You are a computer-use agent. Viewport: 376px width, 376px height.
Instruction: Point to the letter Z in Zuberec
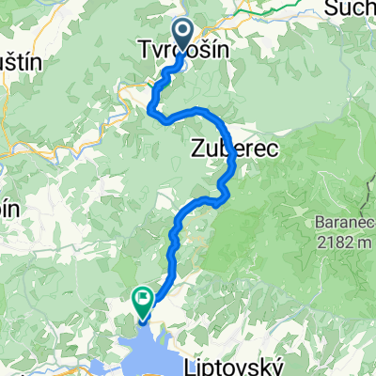197,148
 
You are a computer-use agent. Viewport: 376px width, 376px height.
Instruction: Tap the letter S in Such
329,8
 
